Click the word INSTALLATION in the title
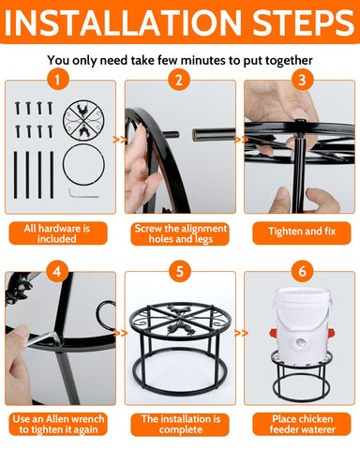pyautogui.click(x=123, y=22)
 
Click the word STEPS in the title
pyautogui.click(x=304, y=22)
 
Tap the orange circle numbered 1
pyautogui.click(x=58, y=80)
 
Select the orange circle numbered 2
pyautogui.click(x=179, y=80)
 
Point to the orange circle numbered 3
pyautogui.click(x=302, y=80)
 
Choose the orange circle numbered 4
pyautogui.click(x=57, y=271)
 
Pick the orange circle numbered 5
pyautogui.click(x=180, y=271)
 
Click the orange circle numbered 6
pyautogui.click(x=302, y=271)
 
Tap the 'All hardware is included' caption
pyautogui.click(x=57, y=233)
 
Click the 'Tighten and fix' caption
pyautogui.click(x=302, y=232)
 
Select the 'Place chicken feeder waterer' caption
pyautogui.click(x=302, y=424)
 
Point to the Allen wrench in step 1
pyautogui.click(x=83, y=194)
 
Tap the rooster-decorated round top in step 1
pyautogui.click(x=83, y=120)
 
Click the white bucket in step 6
pyautogui.click(x=301, y=325)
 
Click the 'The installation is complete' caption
pyautogui.click(x=181, y=424)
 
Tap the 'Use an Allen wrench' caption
pyautogui.click(x=58, y=419)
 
